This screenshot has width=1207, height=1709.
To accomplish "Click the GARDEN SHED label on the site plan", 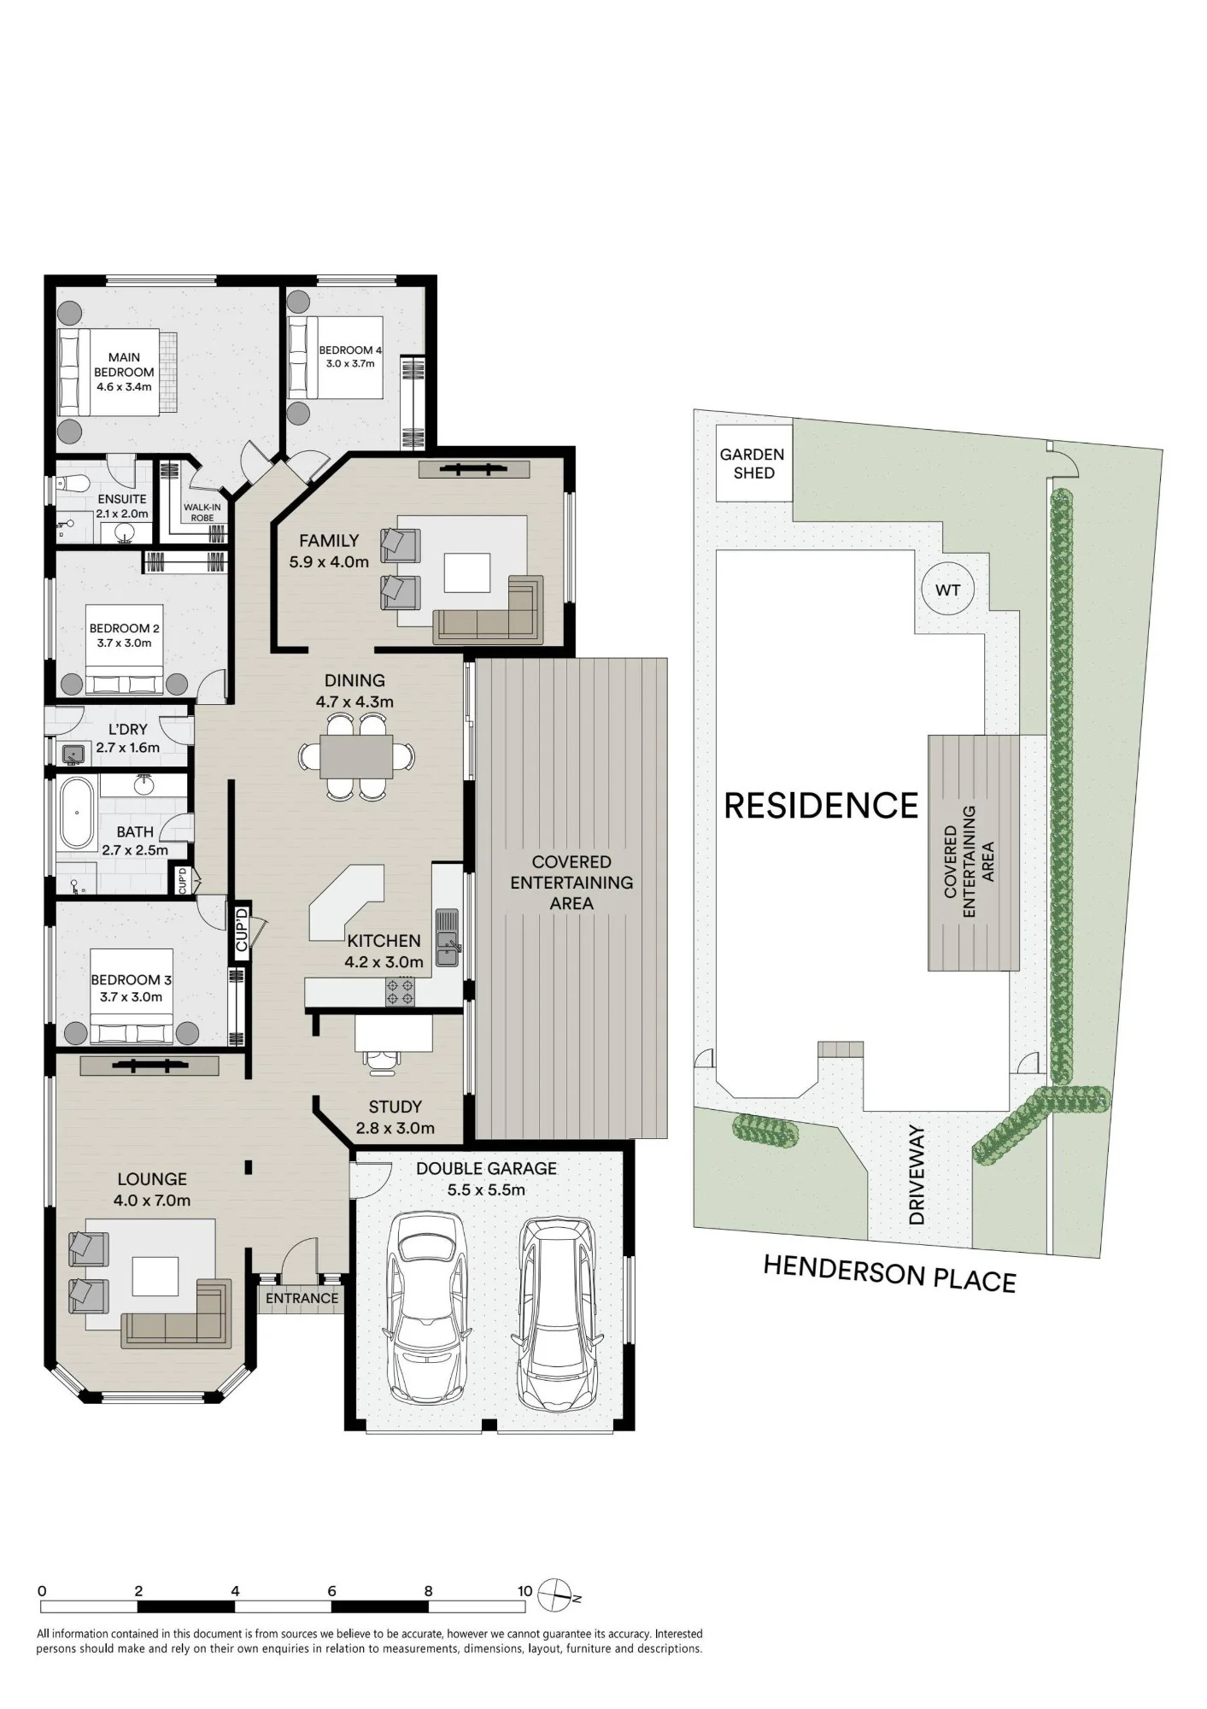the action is click(x=753, y=464).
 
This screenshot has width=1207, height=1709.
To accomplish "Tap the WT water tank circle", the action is click(x=947, y=590).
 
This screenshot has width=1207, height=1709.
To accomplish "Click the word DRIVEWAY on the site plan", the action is click(x=917, y=1175).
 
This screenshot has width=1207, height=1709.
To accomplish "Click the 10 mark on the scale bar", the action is click(x=524, y=1591).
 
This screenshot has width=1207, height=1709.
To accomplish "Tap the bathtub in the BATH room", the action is click(x=77, y=813).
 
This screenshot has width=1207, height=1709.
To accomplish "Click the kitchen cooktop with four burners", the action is click(x=400, y=993).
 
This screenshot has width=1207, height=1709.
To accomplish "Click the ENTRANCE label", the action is click(x=302, y=1298).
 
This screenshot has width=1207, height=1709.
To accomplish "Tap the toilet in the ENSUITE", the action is click(x=70, y=484).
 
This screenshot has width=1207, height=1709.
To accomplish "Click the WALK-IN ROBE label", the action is click(x=202, y=513).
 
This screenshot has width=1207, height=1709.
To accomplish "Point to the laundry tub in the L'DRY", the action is click(x=73, y=754).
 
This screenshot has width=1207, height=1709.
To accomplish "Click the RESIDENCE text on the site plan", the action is click(x=821, y=805).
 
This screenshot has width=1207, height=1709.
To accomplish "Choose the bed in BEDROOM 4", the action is click(x=335, y=357).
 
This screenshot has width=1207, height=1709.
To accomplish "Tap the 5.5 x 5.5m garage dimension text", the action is click(x=486, y=1189).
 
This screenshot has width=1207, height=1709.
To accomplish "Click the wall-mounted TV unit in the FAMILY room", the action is click(x=474, y=469).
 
